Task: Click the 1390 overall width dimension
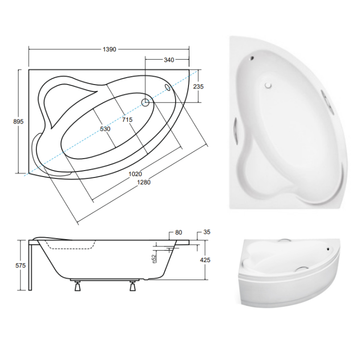pyautogui.click(x=109, y=49)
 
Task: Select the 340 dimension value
pyautogui.click(x=169, y=60)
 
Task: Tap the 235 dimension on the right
pyautogui.click(x=198, y=86)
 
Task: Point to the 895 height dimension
pyautogui.click(x=19, y=121)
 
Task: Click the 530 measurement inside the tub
pyautogui.click(x=105, y=129)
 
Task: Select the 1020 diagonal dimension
pyautogui.click(x=135, y=174)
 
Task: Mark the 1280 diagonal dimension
pyautogui.click(x=143, y=182)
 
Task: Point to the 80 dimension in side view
pyautogui.click(x=179, y=232)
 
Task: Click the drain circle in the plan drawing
pyautogui.click(x=146, y=103)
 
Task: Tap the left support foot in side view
pyautogui.click(x=78, y=286)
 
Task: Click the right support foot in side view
pyautogui.click(x=133, y=286)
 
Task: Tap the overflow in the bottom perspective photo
pyautogui.click(x=328, y=248)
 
